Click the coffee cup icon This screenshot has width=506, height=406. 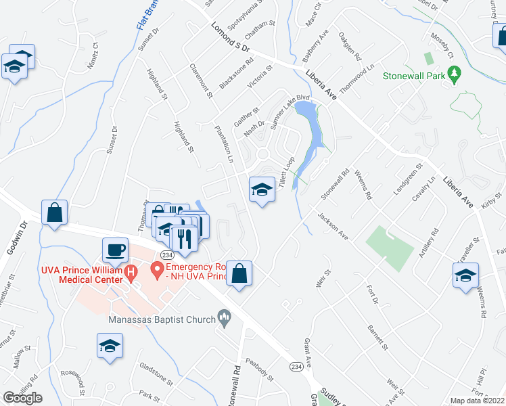[115, 250]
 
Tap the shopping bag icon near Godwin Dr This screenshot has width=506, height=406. [54, 212]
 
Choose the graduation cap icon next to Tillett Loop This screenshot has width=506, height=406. [262, 190]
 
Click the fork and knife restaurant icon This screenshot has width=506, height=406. [183, 238]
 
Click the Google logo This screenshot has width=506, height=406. [22, 398]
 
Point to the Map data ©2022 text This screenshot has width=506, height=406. [478, 401]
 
